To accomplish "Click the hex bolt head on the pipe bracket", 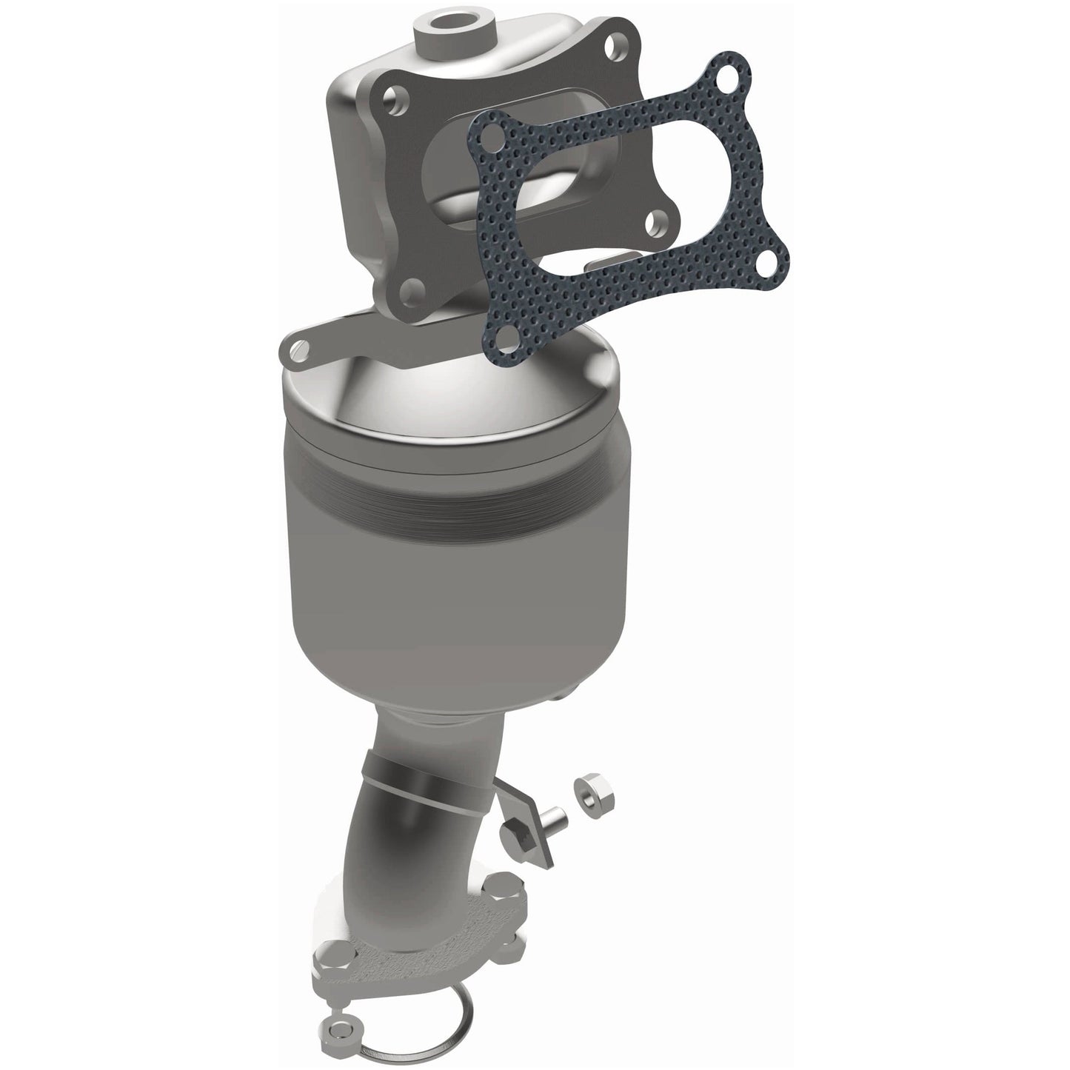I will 513,835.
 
